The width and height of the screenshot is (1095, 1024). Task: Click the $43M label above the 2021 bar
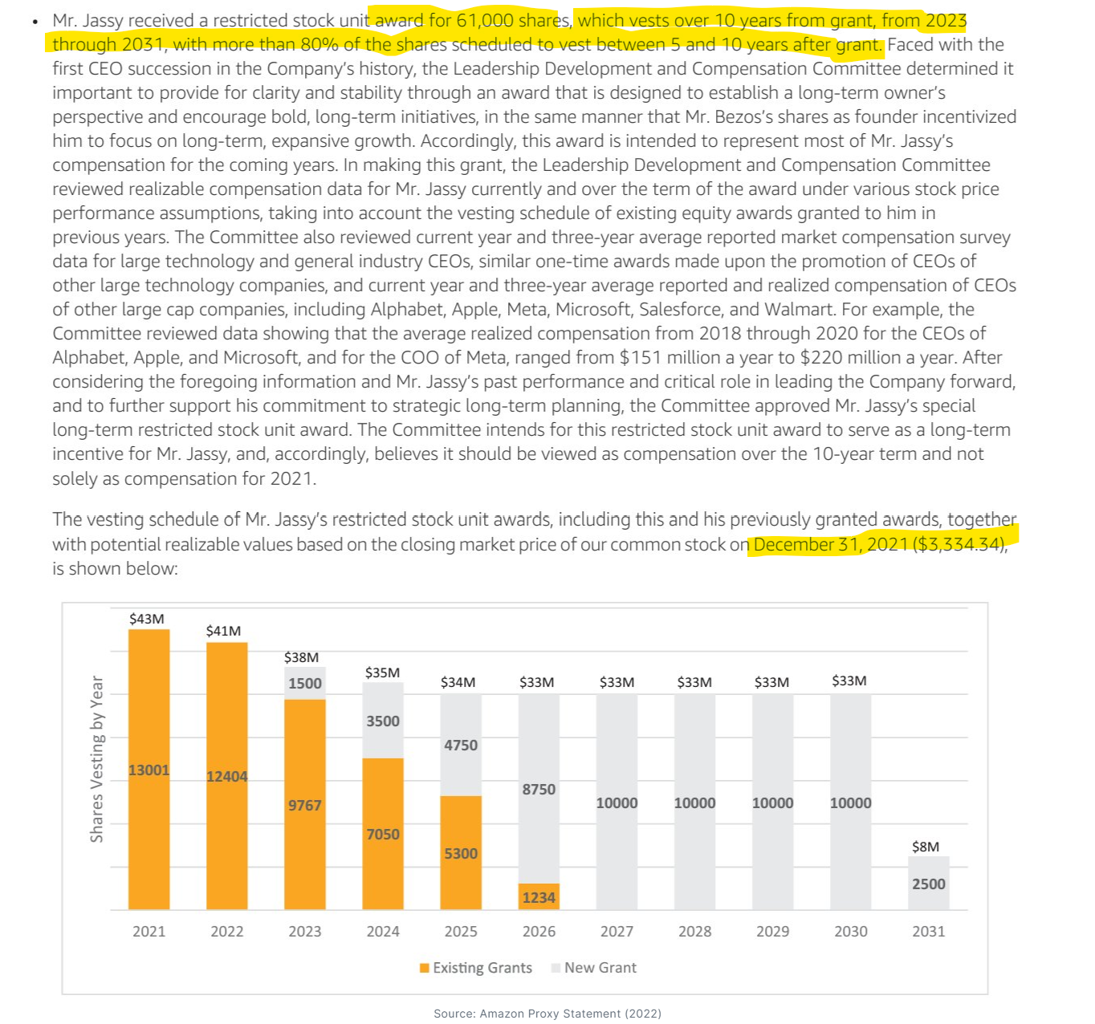(147, 619)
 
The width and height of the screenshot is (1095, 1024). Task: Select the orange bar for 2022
(227, 775)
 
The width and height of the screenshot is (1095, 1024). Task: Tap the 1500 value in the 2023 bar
(305, 683)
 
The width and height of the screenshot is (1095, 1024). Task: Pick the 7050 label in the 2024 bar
(383, 834)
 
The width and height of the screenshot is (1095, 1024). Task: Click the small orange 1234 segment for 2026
(539, 896)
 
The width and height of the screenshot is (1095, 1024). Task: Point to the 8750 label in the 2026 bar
(539, 789)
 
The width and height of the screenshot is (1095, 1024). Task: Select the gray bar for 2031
(929, 883)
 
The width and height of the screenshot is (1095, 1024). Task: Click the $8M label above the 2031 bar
(926, 847)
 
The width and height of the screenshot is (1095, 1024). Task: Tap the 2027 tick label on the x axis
(617, 931)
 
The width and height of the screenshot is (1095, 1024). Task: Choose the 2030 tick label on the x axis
(851, 931)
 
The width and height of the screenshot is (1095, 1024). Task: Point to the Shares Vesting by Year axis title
(97, 758)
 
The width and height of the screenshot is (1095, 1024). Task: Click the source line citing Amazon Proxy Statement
(547, 1014)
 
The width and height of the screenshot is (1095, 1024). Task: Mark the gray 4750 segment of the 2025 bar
(461, 745)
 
